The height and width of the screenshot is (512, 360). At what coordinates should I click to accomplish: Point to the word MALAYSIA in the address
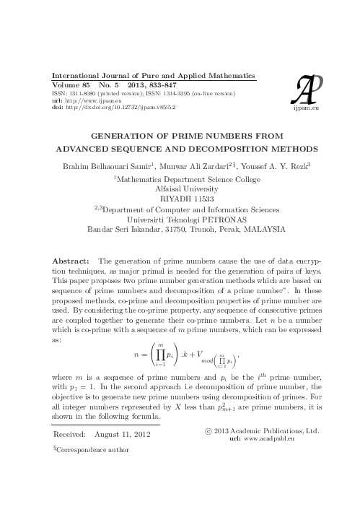[263, 228]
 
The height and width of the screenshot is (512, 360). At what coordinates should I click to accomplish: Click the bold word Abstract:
[71, 260]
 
